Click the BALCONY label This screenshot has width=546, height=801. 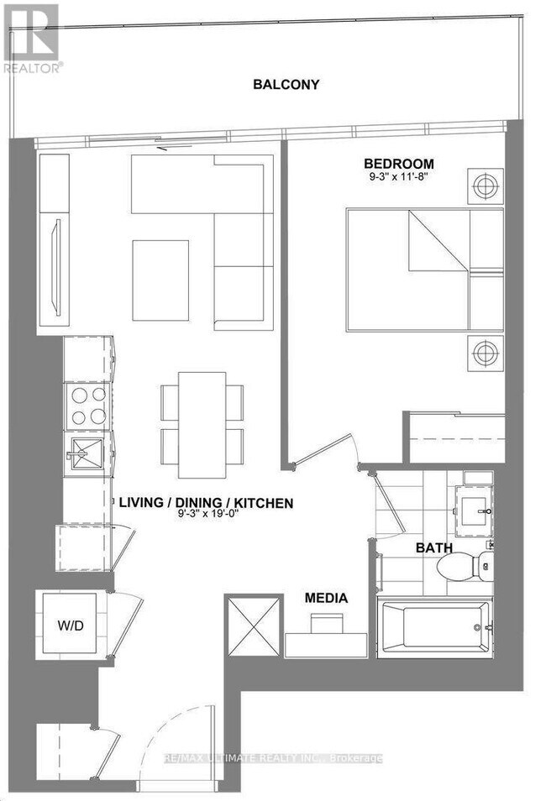click(x=286, y=84)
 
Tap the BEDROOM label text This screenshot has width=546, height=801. click(x=398, y=164)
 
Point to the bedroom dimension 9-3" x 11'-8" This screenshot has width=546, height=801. click(x=398, y=178)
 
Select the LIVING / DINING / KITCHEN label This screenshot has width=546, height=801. click(x=205, y=503)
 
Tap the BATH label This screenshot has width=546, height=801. click(x=434, y=547)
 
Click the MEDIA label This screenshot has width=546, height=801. click(x=326, y=599)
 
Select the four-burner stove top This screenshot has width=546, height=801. click(x=87, y=406)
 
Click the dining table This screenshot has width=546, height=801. click(x=202, y=415)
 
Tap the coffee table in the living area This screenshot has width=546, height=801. click(x=160, y=280)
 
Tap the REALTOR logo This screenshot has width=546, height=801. click(x=32, y=38)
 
